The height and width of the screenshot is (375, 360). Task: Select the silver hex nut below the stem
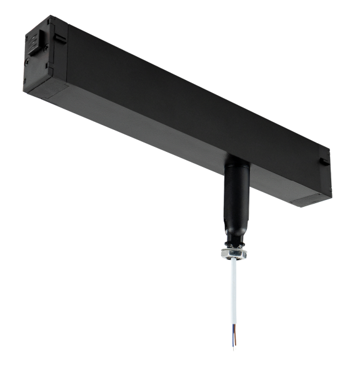233,253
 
